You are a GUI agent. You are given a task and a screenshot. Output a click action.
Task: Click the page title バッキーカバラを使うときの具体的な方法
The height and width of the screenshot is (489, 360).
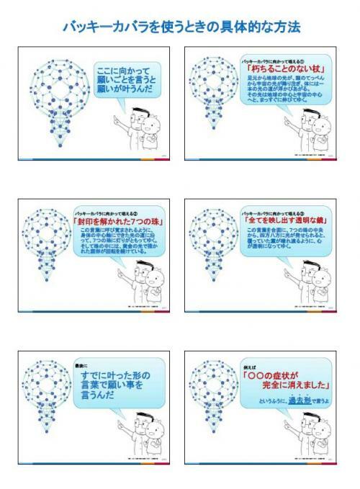(181, 27)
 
